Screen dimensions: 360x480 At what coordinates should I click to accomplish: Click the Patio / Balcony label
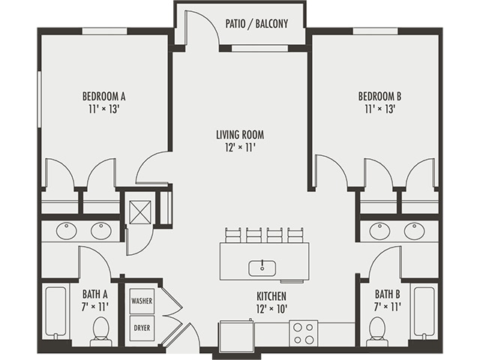(x=256, y=24)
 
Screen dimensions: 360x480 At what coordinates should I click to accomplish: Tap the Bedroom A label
(x=103, y=96)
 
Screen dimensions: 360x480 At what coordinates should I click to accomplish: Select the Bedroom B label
(x=379, y=96)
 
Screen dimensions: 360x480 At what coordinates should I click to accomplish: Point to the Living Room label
(x=240, y=135)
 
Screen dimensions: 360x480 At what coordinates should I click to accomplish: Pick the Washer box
(x=142, y=301)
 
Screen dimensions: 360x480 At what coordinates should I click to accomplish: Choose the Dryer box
(x=142, y=328)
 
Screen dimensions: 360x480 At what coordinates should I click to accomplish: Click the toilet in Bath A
(x=100, y=331)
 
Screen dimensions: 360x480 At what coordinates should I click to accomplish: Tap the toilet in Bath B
(x=377, y=331)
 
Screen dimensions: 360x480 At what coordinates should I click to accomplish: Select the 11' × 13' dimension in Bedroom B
(x=379, y=109)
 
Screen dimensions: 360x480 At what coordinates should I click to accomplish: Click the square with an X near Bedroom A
(x=139, y=211)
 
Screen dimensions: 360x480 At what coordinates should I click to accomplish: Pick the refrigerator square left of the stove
(x=235, y=331)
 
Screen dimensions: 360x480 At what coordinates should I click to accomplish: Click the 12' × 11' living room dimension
(x=240, y=148)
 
